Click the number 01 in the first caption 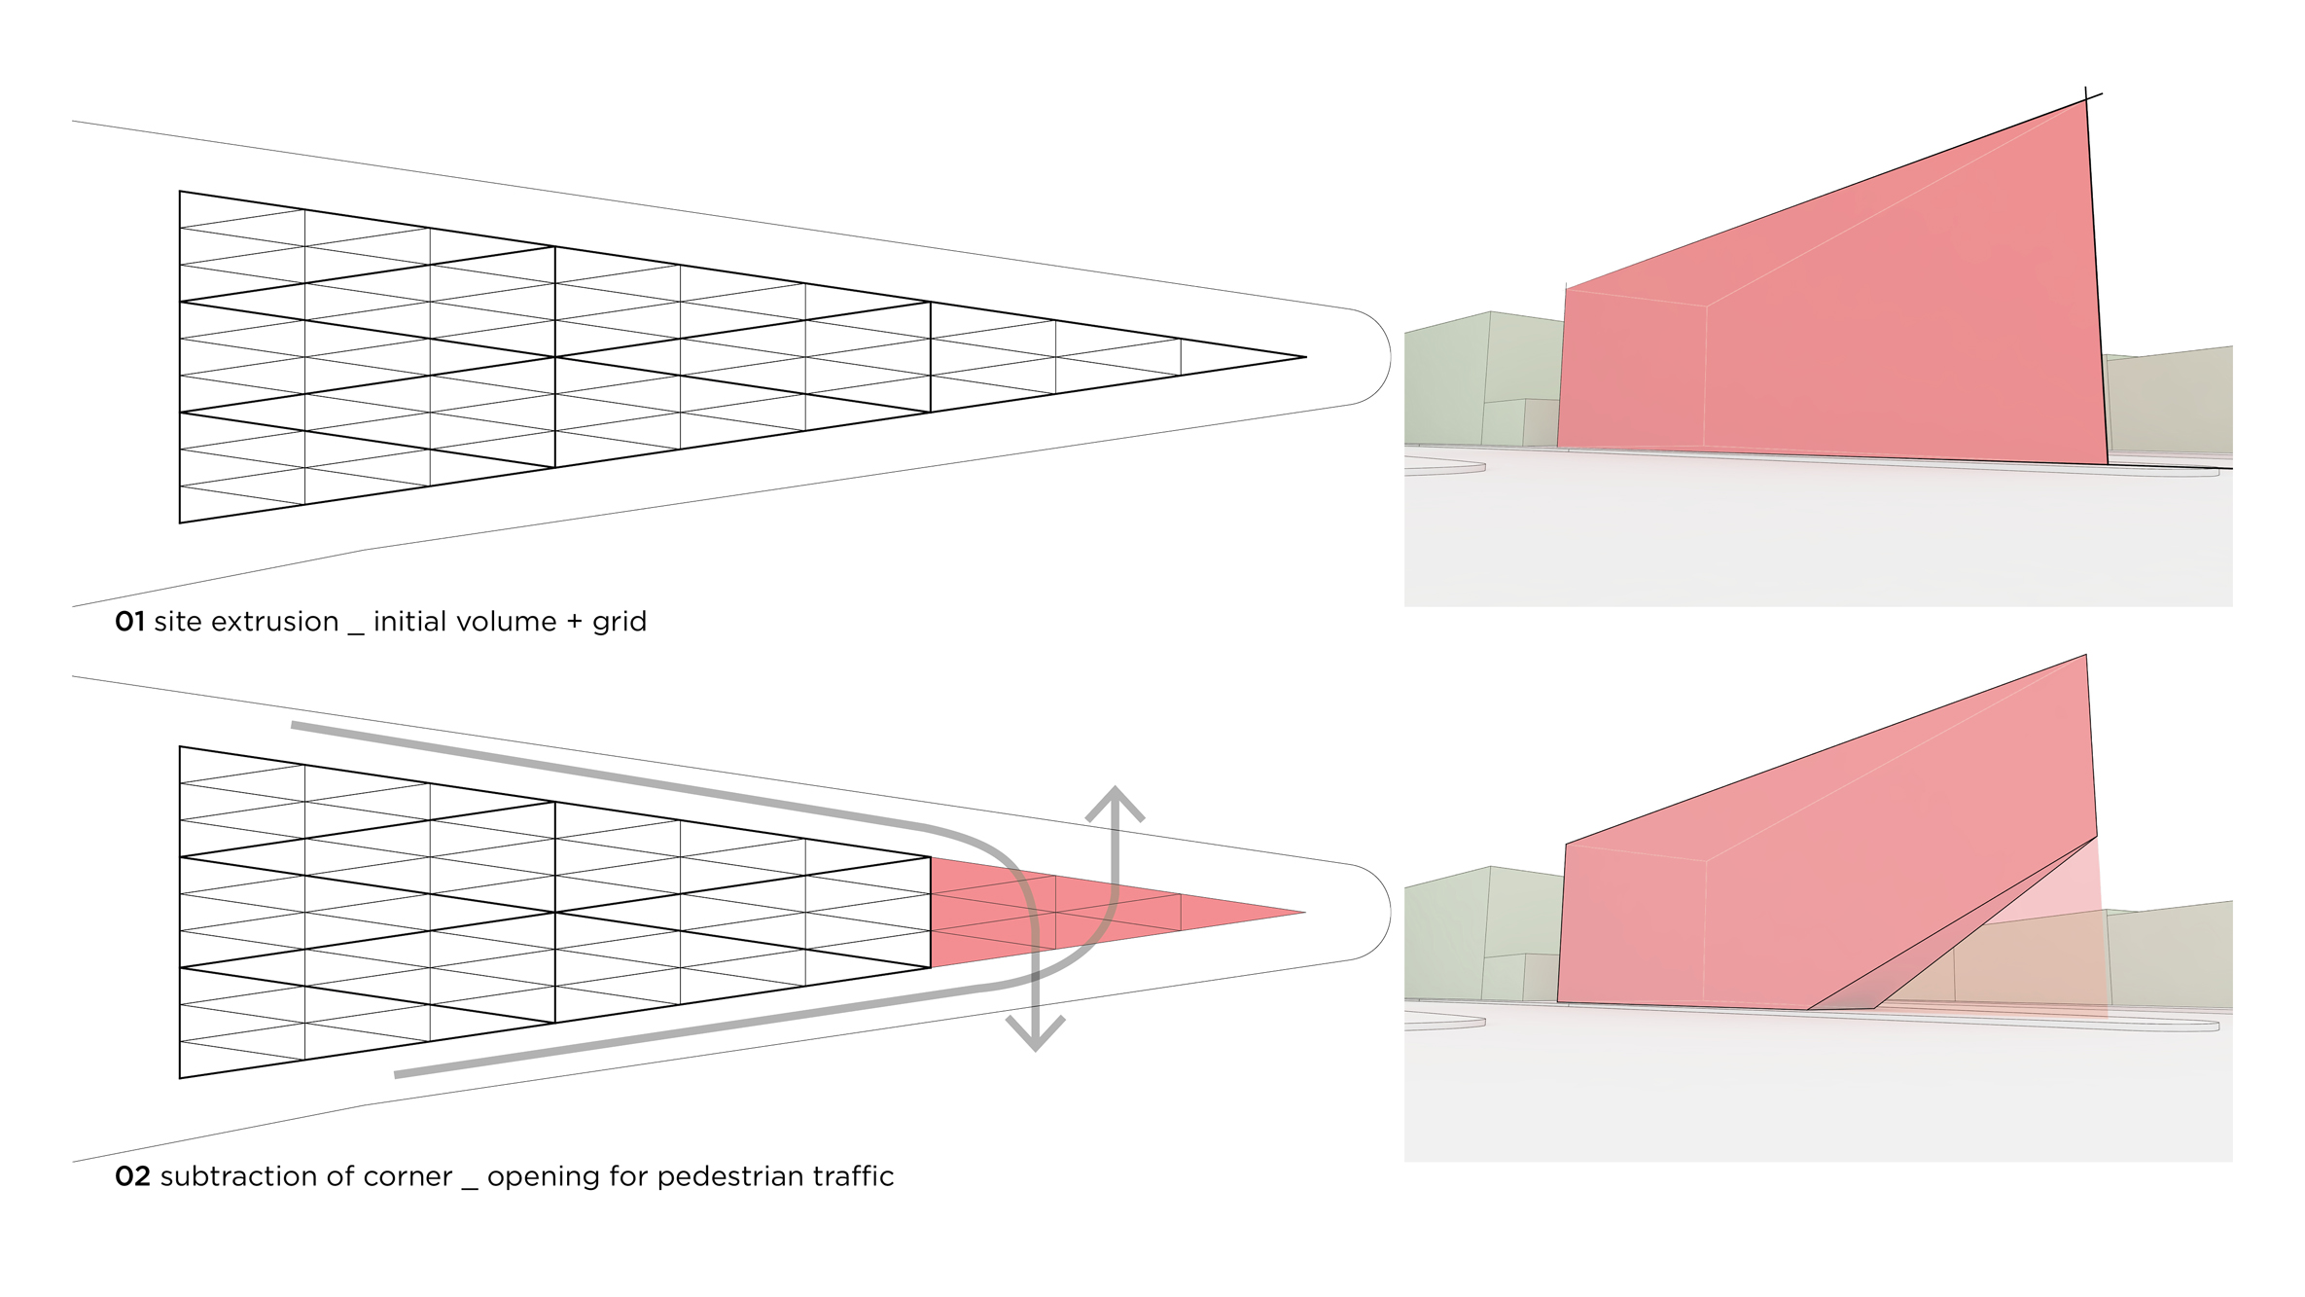129,622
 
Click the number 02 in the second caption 132,1176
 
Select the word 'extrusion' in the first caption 274,622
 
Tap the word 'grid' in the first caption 620,623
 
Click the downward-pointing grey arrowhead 1035,1036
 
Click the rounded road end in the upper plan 1385,356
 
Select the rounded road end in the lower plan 1385,912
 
